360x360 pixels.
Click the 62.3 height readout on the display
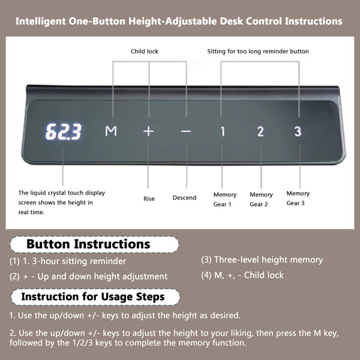tap(63, 131)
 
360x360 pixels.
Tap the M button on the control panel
tap(111, 131)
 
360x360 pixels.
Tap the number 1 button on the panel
tap(223, 131)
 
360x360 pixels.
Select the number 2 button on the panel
tap(260, 131)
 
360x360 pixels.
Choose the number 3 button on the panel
tap(298, 131)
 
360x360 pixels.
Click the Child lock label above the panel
tap(145, 51)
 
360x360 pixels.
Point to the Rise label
tap(149, 199)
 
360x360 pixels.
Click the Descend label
tap(184, 197)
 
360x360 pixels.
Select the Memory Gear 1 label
tap(225, 199)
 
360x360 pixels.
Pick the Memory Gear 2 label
tap(261, 199)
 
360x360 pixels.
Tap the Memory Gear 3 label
tap(298, 198)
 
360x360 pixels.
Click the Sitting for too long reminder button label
tap(258, 51)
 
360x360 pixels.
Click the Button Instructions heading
tap(88, 244)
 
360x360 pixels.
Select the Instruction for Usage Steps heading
tap(93, 296)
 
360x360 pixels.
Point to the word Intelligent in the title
tap(41, 22)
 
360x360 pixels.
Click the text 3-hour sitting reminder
tap(79, 261)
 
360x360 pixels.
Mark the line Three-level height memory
tap(269, 260)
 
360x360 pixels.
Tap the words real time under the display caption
tap(31, 212)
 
